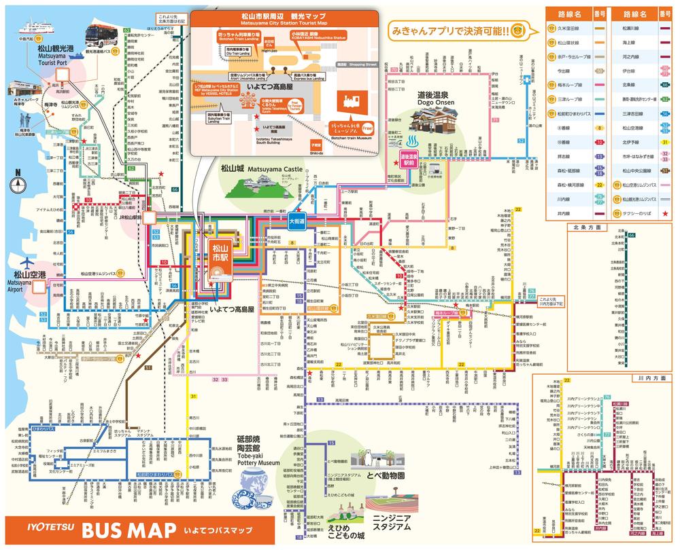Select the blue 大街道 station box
[x=296, y=221]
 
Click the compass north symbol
[x=18, y=182]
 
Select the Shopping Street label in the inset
[x=362, y=64]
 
